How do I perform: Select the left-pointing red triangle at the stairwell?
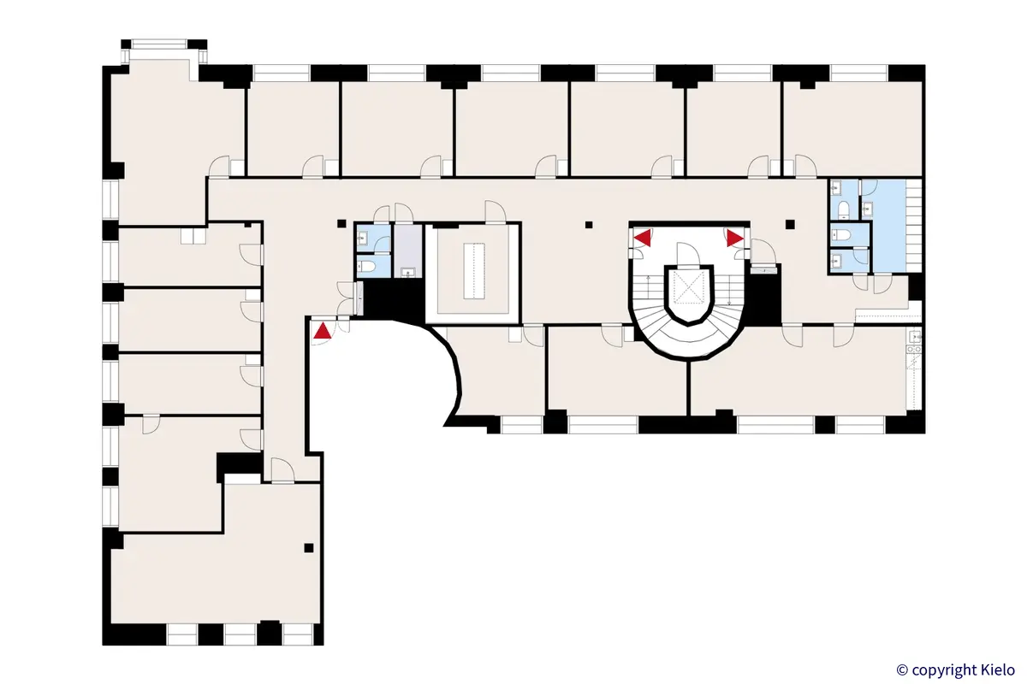[640, 237]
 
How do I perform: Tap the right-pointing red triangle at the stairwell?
[734, 237]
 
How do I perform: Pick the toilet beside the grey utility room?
[368, 267]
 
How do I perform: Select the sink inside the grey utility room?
[408, 273]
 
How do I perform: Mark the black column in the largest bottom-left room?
[309, 548]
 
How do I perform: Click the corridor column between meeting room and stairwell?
[588, 226]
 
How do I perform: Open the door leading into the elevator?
[687, 254]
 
